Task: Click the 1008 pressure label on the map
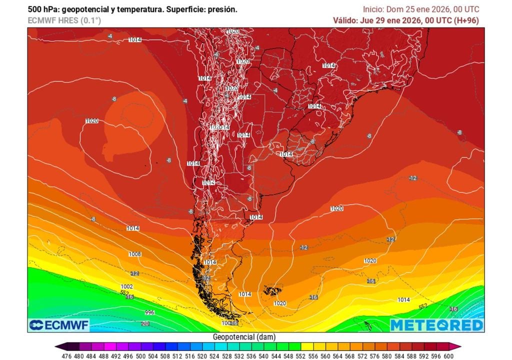134,254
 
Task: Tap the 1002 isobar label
127,286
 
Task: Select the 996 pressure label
149,312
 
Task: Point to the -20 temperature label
145,324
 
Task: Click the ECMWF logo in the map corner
59,325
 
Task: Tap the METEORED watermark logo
436,325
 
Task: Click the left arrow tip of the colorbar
56,346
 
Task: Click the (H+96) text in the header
469,20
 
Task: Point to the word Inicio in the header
373,9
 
